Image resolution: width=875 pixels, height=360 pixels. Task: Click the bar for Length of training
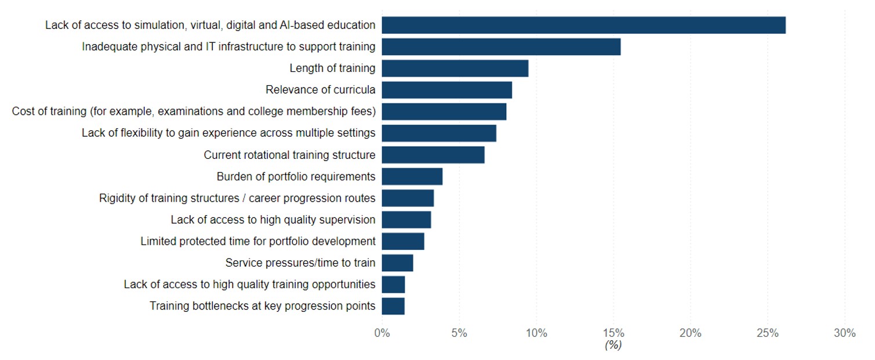455,68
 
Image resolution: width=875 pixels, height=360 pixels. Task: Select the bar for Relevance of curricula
446,90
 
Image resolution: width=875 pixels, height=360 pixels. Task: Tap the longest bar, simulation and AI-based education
583,26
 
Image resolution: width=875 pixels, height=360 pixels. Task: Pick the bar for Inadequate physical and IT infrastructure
501,47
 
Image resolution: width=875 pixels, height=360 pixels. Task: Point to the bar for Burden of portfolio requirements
412,176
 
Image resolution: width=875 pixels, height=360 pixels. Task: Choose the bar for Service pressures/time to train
397,263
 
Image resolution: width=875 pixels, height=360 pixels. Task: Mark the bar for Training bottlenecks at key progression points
393,306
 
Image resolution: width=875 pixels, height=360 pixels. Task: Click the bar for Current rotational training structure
433,155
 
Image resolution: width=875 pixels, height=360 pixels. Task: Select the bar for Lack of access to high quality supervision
406,220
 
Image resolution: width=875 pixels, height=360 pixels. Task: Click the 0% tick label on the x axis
382,333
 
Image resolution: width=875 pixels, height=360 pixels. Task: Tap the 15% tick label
613,333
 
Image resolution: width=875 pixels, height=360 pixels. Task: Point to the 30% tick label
844,333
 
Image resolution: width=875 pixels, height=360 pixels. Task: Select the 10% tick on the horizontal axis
536,333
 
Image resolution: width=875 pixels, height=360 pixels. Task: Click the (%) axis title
613,345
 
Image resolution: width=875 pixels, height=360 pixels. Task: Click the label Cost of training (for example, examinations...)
194,111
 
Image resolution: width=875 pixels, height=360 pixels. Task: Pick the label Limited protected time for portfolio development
258,241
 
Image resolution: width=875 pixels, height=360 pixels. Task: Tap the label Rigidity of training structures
237,198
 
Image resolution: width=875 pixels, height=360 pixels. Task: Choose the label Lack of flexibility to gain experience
228,133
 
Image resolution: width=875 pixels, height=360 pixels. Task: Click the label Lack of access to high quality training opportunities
249,285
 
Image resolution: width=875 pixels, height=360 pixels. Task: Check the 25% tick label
767,333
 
